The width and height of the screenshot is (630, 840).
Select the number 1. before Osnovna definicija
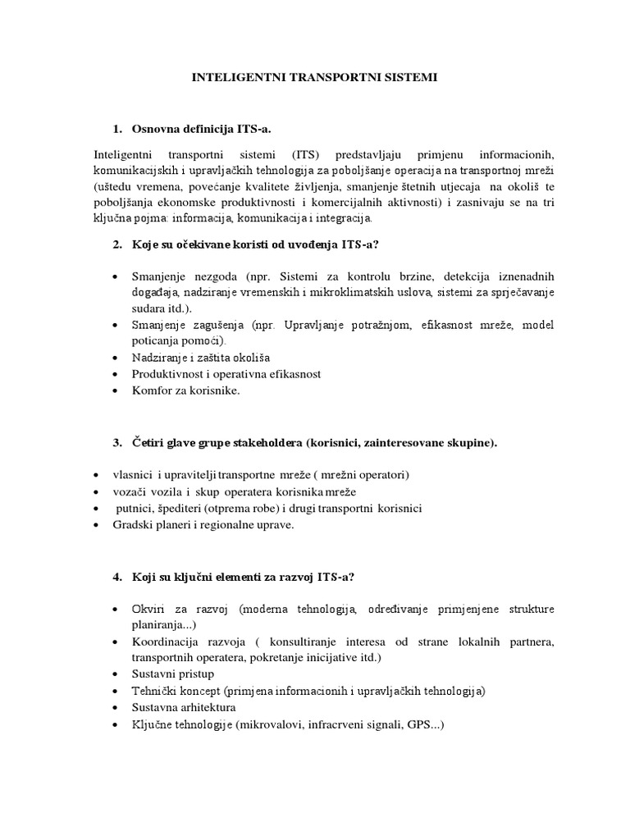(118, 130)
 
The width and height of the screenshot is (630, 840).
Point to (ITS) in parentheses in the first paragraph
(305, 156)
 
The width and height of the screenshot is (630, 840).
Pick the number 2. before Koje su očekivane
(118, 244)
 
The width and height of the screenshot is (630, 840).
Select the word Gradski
(133, 524)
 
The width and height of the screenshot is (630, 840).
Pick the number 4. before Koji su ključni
(118, 577)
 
